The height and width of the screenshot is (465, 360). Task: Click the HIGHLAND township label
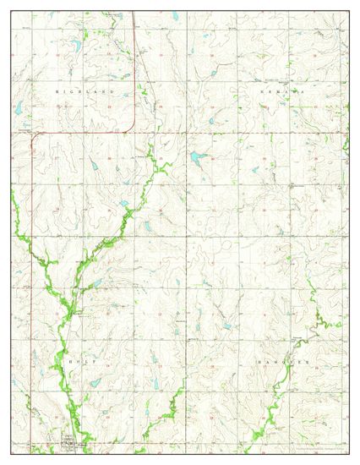[84, 89]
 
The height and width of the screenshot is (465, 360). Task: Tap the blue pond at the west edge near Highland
[18, 107]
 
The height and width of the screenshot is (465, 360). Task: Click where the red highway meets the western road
[31, 133]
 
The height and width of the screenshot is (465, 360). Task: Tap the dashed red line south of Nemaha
[279, 133]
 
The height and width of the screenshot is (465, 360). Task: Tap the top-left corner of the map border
[12, 12]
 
